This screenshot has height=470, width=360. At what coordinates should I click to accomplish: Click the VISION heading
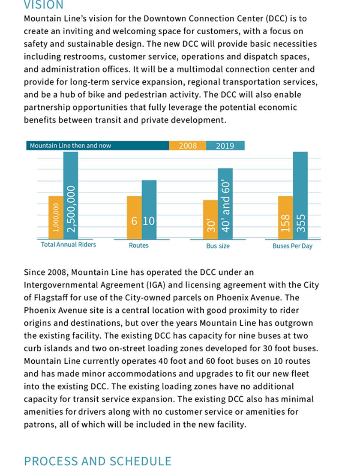(x=43, y=5)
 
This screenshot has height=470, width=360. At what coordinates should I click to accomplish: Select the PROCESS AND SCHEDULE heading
(x=97, y=461)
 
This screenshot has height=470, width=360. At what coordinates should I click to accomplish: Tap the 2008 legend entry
(x=188, y=146)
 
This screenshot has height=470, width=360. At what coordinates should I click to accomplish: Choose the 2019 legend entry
(x=225, y=146)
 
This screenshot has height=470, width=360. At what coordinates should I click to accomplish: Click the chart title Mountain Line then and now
(x=70, y=146)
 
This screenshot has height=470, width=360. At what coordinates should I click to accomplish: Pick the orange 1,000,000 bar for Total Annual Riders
(x=56, y=217)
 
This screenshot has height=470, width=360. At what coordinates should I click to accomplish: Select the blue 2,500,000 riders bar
(x=71, y=195)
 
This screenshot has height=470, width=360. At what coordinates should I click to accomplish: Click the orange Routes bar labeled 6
(x=134, y=217)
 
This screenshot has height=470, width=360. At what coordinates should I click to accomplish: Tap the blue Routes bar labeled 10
(x=149, y=210)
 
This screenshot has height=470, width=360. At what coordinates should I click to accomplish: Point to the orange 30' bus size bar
(x=210, y=219)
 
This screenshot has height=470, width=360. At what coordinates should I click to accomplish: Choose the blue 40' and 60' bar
(x=225, y=204)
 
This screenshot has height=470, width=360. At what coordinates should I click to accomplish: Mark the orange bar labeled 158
(x=285, y=217)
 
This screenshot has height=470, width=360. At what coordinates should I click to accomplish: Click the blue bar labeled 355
(x=300, y=195)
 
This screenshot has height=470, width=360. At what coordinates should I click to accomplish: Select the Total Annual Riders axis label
(x=69, y=245)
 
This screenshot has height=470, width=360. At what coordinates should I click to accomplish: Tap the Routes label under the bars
(x=138, y=245)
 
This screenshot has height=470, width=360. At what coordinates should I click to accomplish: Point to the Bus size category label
(x=218, y=246)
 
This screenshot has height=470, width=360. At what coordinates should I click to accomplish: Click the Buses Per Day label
(x=292, y=246)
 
